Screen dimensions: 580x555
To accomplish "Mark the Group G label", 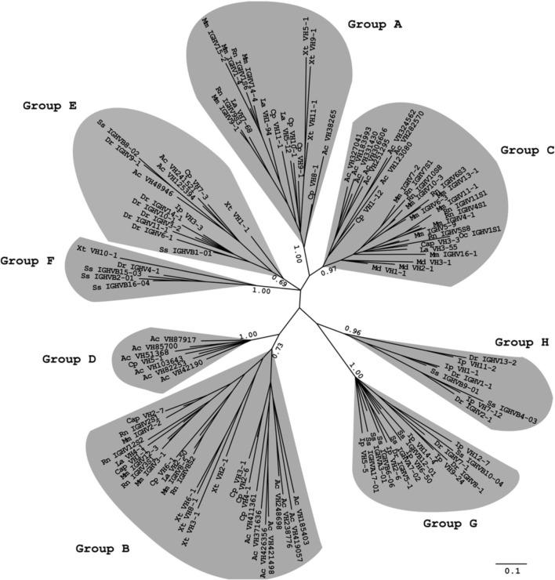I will pyautogui.click(x=450, y=523).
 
